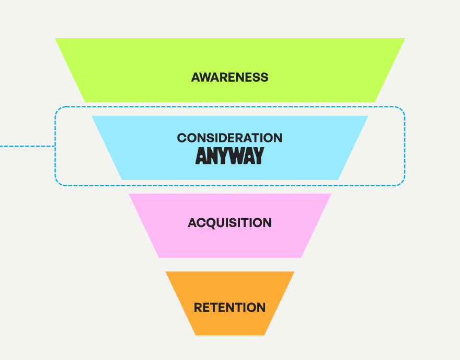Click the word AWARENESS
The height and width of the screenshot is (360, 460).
[x=229, y=77]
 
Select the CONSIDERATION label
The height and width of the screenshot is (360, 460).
[x=229, y=138]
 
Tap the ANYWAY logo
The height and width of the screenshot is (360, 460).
[x=229, y=156]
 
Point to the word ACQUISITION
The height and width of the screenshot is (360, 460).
[x=229, y=222]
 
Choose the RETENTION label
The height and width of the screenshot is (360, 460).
[x=229, y=307]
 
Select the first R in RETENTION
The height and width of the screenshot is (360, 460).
[x=198, y=307]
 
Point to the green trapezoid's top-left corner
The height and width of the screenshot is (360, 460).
[x=56, y=39]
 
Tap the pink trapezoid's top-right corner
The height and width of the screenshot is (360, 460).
[x=330, y=195]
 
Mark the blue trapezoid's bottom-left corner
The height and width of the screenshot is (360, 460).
[x=122, y=179]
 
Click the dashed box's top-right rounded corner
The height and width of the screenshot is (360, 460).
[x=401, y=110]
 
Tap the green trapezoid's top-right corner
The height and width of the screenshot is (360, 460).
[x=404, y=39]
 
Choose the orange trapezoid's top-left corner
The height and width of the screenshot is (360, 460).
[x=166, y=272]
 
